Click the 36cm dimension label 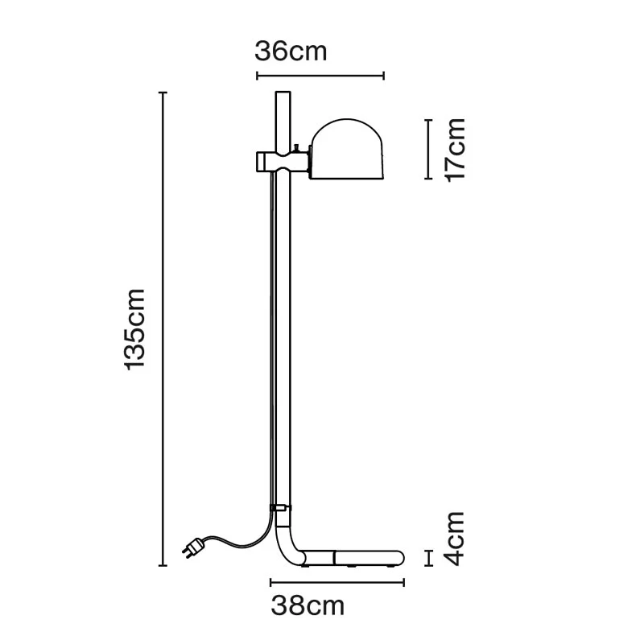tap(291, 52)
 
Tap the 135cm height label tap(135, 329)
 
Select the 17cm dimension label tap(455, 150)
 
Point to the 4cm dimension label tap(455, 539)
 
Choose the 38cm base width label tap(308, 606)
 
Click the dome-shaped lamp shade tap(347, 149)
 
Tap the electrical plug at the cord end tap(193, 548)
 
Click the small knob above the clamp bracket tap(296, 147)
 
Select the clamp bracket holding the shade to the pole tap(283, 162)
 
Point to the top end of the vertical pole tap(283, 93)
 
